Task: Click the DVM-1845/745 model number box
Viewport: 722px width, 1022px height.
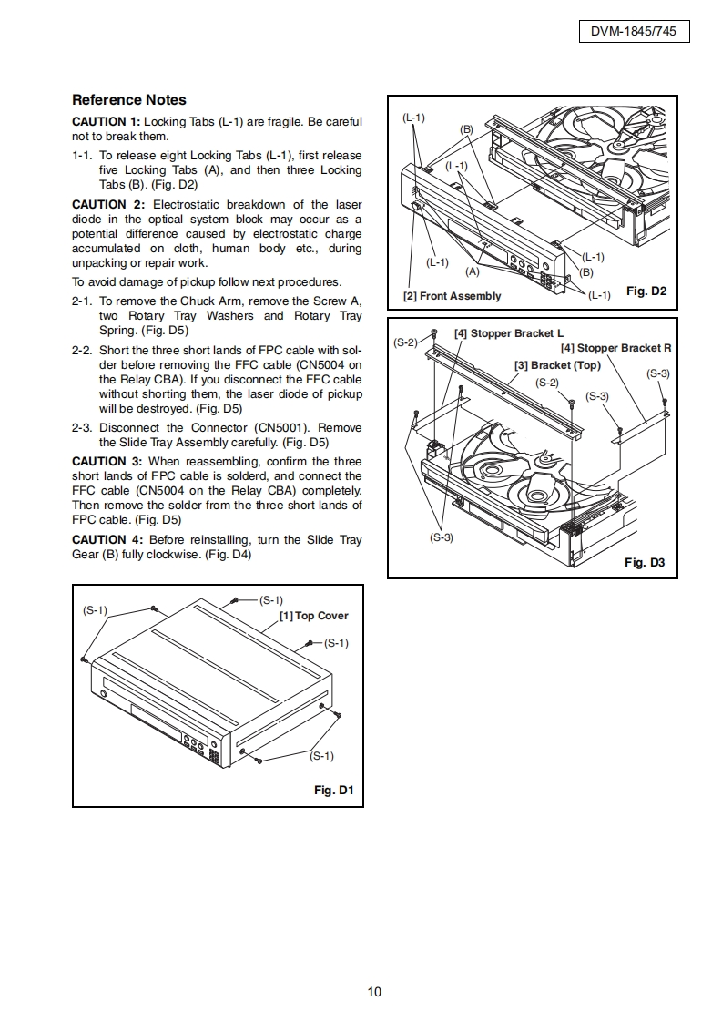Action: click(634, 32)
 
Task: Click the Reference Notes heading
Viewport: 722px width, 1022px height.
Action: click(128, 100)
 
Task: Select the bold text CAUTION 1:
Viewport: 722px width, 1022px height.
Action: click(106, 122)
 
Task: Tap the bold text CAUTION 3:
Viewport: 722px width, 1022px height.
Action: click(107, 462)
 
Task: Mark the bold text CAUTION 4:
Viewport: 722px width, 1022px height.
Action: click(107, 540)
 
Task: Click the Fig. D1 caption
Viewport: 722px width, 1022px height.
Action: click(333, 790)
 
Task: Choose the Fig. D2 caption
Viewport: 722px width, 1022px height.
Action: click(646, 291)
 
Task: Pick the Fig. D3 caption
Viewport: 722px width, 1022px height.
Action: click(645, 562)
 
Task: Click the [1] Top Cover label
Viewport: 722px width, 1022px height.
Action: click(313, 616)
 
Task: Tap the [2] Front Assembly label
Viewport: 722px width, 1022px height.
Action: click(452, 296)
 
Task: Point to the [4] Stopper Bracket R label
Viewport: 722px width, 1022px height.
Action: click(615, 348)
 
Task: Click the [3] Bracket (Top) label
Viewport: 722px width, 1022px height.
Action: click(557, 365)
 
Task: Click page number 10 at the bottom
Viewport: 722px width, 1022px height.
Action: click(374, 992)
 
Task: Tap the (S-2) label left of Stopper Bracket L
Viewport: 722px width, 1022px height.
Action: click(406, 342)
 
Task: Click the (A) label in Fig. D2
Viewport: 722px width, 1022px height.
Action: click(473, 271)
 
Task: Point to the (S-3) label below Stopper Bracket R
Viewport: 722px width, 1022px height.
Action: click(657, 373)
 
